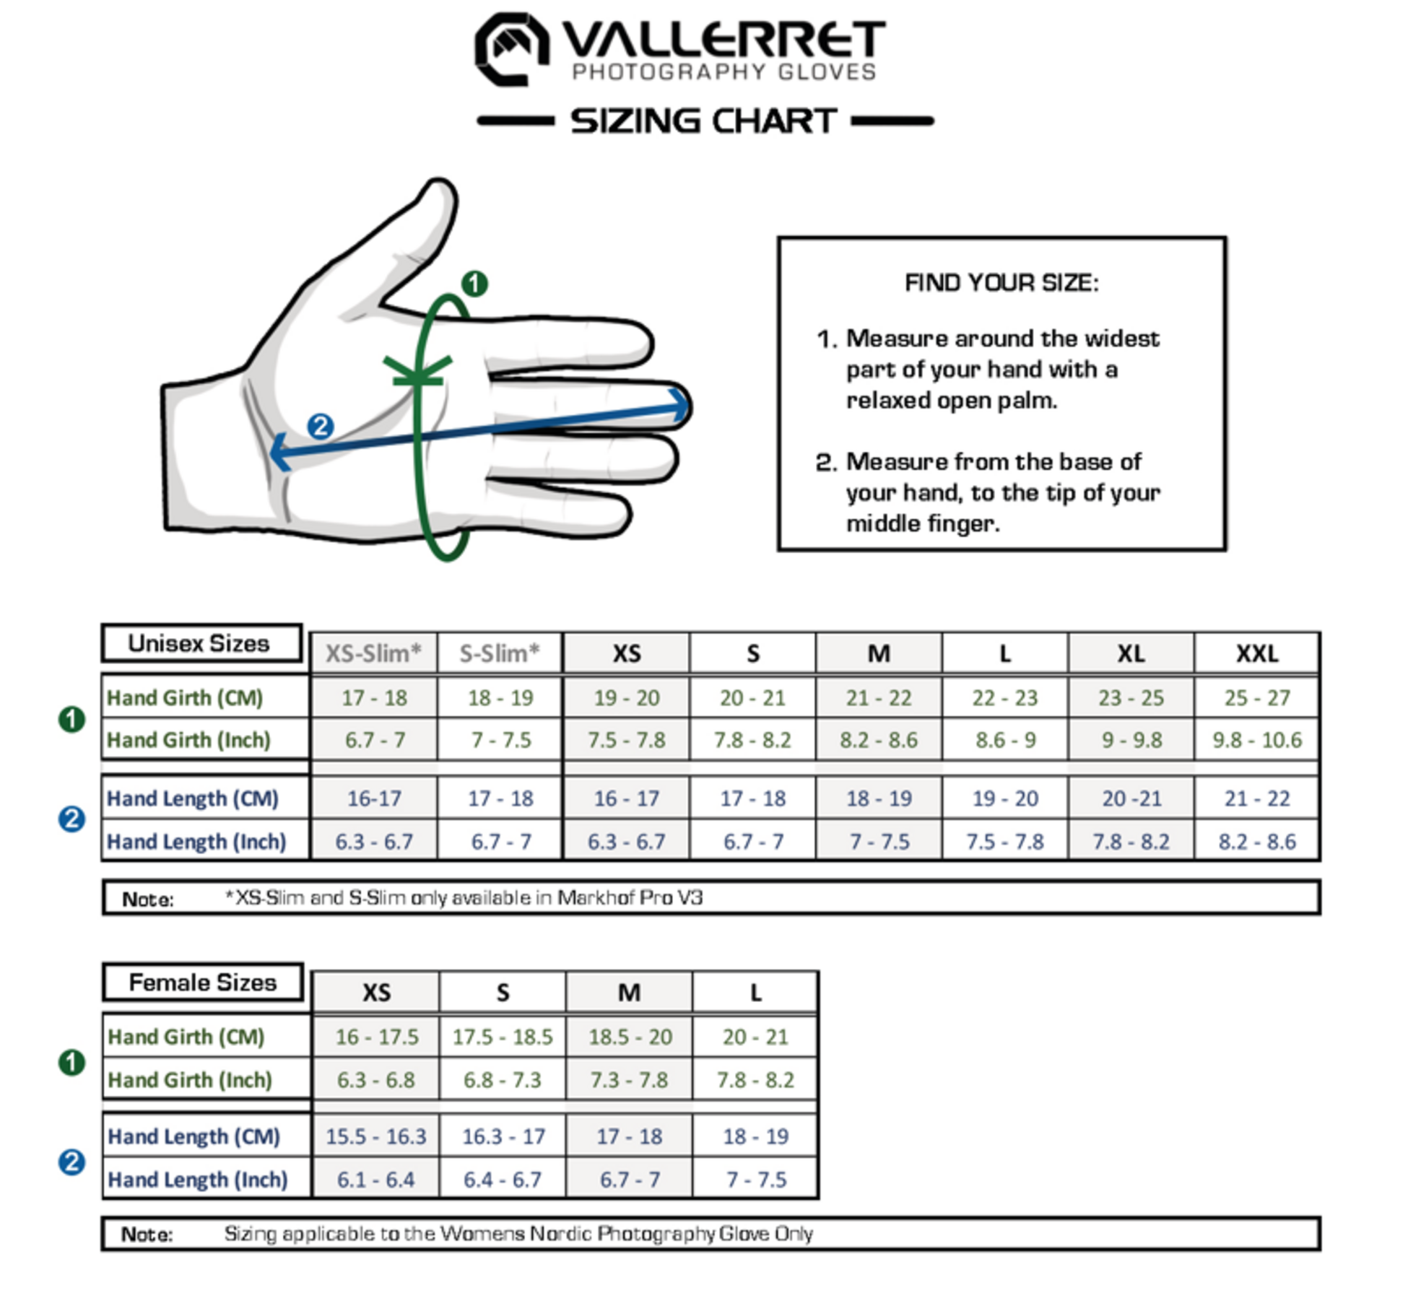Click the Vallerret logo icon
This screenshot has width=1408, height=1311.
pos(511,49)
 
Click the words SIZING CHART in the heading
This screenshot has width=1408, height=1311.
pos(703,121)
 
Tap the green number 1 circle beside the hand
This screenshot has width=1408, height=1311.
pos(474,284)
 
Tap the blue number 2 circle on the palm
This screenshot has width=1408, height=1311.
pos(321,426)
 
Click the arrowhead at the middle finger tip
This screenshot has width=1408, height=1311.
pos(679,406)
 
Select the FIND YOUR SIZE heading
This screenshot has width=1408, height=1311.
pos(1001,283)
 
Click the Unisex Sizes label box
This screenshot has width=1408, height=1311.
pos(201,643)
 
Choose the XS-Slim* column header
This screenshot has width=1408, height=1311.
pos(373,654)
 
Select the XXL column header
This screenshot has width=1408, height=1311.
pos(1256,654)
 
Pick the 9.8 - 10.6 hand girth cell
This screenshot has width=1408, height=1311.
pos(1256,740)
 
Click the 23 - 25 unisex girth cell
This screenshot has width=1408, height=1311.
pos(1131,698)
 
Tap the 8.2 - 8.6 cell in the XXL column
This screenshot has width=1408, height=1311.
pos(1256,842)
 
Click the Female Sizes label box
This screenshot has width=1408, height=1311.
pos(202,983)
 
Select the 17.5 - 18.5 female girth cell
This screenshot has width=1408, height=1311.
pos(503,1037)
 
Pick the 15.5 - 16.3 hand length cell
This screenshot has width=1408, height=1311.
pos(375,1137)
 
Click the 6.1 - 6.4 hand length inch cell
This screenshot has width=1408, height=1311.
pos(375,1180)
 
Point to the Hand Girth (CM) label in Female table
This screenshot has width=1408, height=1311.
pos(186,1037)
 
